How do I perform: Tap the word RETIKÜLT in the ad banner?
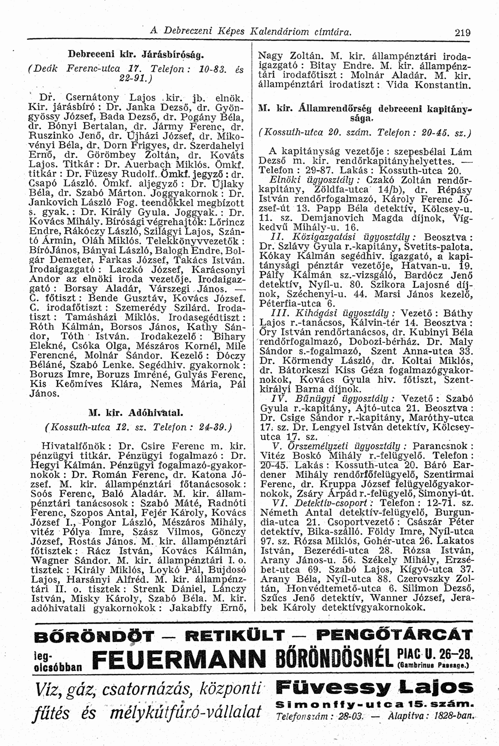click(229, 634)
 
